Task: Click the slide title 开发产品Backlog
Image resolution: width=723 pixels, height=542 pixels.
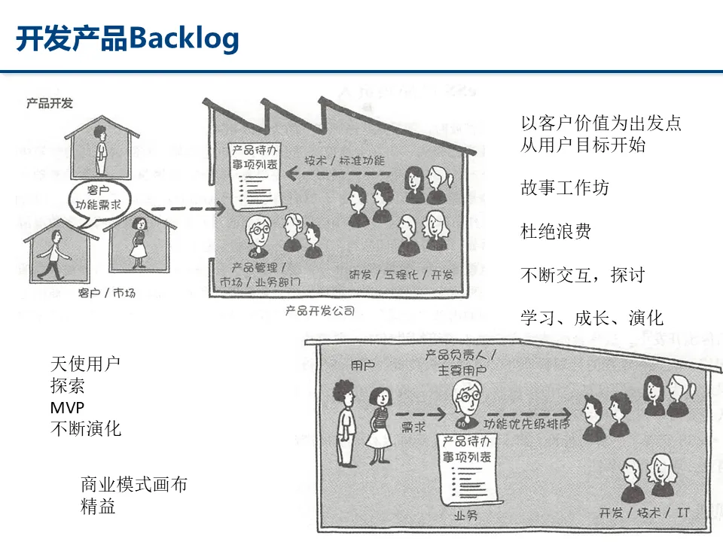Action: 127,38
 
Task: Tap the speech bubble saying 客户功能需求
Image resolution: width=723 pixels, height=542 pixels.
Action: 99,196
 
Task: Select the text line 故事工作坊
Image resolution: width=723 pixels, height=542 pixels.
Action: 565,187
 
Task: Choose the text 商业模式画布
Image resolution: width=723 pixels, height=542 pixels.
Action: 133,485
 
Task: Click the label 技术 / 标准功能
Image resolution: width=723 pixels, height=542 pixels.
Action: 344,160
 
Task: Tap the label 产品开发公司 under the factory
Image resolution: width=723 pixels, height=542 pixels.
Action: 319,310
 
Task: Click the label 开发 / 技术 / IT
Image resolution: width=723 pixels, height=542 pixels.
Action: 644,513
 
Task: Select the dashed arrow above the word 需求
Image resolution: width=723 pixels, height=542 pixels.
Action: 422,413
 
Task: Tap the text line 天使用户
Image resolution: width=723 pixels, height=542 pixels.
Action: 85,364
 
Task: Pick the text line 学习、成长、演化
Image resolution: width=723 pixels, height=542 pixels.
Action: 592,318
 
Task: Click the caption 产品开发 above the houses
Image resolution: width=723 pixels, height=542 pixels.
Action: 50,103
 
